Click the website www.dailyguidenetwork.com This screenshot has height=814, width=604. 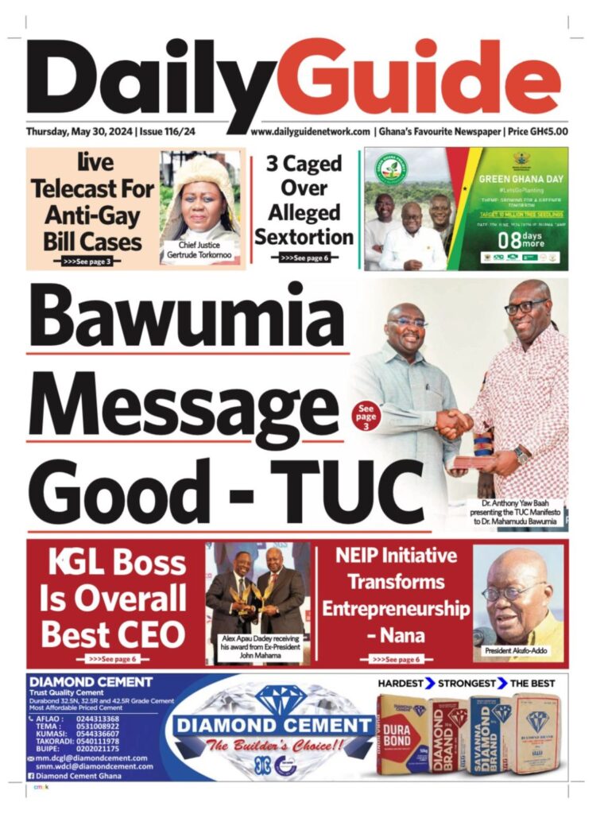point(311,132)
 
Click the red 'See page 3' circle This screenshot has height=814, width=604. point(365,414)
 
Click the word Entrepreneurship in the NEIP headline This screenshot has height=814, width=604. point(396,609)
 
